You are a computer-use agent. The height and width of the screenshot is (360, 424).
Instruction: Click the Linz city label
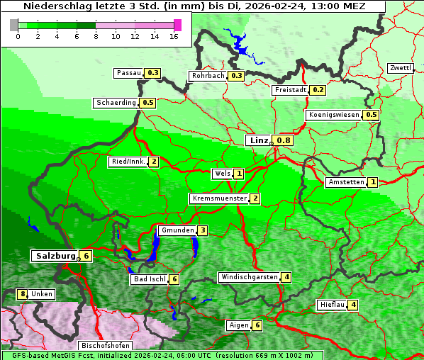(x=258, y=140)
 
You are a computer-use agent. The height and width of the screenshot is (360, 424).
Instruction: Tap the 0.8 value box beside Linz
(x=284, y=140)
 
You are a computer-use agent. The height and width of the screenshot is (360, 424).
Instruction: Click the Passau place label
(x=129, y=73)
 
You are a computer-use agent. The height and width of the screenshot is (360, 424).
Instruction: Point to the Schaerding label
(x=116, y=103)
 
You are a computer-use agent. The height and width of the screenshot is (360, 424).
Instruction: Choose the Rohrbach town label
(x=208, y=76)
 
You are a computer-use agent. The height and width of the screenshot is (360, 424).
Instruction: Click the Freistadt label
(x=291, y=90)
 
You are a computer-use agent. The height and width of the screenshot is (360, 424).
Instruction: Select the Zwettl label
(x=400, y=68)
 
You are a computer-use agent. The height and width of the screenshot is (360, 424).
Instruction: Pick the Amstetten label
(x=345, y=182)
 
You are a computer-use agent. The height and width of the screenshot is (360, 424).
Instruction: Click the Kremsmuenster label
(x=219, y=198)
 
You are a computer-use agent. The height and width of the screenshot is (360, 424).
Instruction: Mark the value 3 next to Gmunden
(x=202, y=230)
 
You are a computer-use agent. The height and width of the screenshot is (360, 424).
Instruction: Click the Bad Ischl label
(x=149, y=279)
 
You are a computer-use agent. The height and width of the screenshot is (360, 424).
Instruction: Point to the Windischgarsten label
(x=248, y=277)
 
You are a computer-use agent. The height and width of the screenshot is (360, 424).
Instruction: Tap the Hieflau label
(x=332, y=305)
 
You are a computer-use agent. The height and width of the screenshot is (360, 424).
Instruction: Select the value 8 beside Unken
(x=22, y=294)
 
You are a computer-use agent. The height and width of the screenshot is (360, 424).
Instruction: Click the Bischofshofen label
(x=104, y=345)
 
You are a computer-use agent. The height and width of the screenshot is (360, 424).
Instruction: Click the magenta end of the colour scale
(x=177, y=25)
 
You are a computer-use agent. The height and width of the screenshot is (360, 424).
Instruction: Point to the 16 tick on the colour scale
(x=174, y=35)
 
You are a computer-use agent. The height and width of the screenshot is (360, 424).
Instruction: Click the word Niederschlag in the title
(x=52, y=6)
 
